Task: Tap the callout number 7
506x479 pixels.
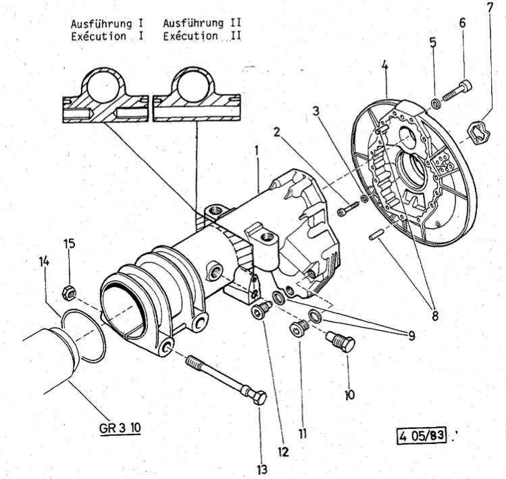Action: coord(489,9)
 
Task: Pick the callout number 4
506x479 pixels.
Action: coord(384,66)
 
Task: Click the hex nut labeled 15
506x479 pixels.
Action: coord(68,292)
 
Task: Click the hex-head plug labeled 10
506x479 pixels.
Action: coord(341,343)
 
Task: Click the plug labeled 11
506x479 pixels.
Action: coord(298,330)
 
